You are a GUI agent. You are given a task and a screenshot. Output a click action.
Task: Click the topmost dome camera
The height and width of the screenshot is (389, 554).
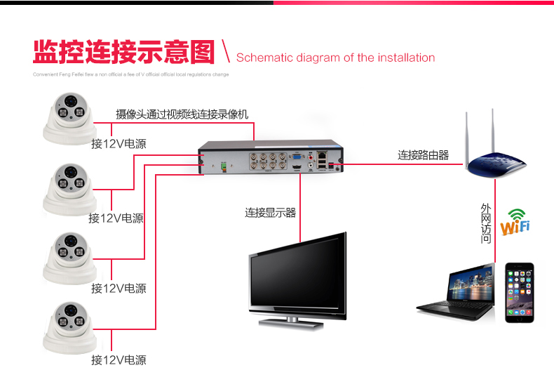pyautogui.click(x=68, y=117)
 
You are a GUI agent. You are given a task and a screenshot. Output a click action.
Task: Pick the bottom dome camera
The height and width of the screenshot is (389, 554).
pyautogui.click(x=68, y=327)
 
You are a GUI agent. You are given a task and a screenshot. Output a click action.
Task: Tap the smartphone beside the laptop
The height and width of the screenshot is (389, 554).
pyautogui.click(x=520, y=293)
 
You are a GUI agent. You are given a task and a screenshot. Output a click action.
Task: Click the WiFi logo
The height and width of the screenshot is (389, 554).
pyautogui.click(x=515, y=222)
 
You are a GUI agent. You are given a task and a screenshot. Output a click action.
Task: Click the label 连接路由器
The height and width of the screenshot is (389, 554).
pyautogui.click(x=424, y=155)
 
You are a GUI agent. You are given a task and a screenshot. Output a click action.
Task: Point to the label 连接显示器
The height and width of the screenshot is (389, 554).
pyautogui.click(x=270, y=212)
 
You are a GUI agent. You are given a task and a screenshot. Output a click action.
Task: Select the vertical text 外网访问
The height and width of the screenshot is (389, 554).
pyautogui.click(x=487, y=223)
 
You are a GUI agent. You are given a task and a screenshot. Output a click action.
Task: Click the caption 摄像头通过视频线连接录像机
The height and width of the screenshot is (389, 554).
pyautogui.click(x=182, y=114)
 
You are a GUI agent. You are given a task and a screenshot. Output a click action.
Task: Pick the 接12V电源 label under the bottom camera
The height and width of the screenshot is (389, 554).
pyautogui.click(x=119, y=360)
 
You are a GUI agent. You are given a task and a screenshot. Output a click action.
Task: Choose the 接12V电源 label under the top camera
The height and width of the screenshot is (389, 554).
pyautogui.click(x=119, y=144)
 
